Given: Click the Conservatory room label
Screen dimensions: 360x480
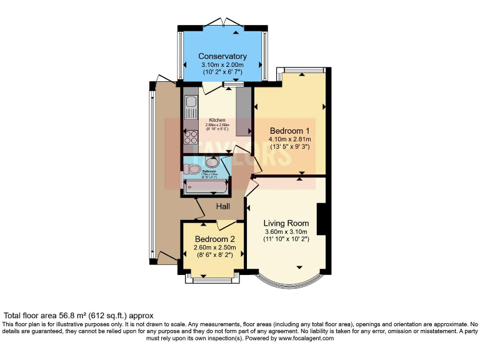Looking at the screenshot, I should (222, 56).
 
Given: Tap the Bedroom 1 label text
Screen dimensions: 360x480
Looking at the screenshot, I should (289, 131).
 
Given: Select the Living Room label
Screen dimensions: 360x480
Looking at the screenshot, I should (286, 223).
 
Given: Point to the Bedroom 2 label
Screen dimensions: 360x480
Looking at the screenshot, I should (214, 239).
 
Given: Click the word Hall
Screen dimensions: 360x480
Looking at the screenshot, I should (223, 206).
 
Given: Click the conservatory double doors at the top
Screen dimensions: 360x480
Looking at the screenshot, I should (222, 23).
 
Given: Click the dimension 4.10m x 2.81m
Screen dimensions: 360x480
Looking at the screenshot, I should (289, 139).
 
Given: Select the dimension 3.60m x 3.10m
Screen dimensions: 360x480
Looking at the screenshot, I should (286, 232).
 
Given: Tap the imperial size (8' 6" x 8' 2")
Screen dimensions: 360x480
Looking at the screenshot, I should (214, 255).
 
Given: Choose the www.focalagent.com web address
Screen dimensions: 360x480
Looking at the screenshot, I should (303, 338).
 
